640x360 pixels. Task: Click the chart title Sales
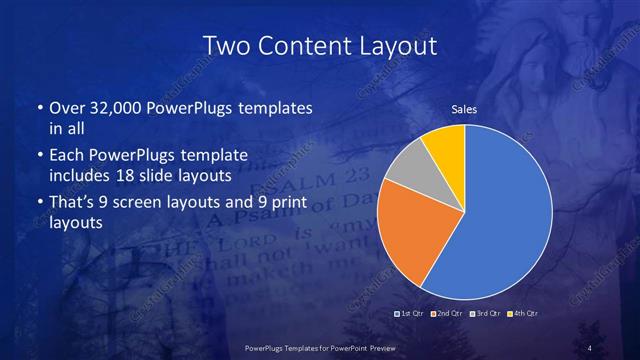click(464, 108)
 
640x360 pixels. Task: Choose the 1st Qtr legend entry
click(412, 315)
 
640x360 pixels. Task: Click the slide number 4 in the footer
click(591, 348)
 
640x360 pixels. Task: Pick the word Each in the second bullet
click(65, 155)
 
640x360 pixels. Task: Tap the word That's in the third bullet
click(72, 202)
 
